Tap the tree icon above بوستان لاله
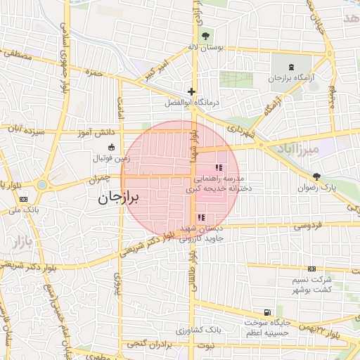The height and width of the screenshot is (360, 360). coord(205,36)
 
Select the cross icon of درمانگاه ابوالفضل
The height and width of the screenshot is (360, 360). coord(191,92)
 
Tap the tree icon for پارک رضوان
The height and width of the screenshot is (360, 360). coord(316,176)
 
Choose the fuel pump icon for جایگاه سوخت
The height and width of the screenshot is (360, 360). coord(266,312)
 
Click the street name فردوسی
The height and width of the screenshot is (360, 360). coord(307,226)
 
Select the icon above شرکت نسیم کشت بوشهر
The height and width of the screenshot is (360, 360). coord(312,269)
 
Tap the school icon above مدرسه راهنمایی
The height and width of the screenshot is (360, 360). coord(218,167)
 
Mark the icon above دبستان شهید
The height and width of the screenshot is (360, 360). coord(202,217)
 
